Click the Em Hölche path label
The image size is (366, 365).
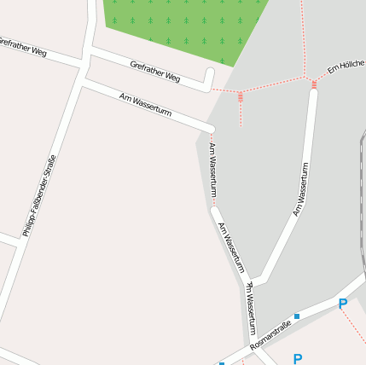click(x=346, y=67)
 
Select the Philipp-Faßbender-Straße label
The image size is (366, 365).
click(x=39, y=195)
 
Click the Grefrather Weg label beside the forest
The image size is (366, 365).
click(x=155, y=72)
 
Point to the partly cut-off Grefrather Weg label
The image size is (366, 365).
click(x=22, y=46)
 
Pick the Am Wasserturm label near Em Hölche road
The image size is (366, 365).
click(x=300, y=188)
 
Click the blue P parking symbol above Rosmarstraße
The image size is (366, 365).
click(x=342, y=304)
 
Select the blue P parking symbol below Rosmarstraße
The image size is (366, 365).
click(x=297, y=359)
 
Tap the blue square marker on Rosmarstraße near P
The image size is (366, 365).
click(x=297, y=316)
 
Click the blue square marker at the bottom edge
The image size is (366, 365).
click(x=222, y=363)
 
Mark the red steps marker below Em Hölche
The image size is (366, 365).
click(x=314, y=84)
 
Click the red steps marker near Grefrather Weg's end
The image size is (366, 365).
click(x=240, y=96)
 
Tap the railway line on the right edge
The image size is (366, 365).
click(x=363, y=171)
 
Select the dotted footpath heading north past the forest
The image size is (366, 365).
click(x=302, y=34)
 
